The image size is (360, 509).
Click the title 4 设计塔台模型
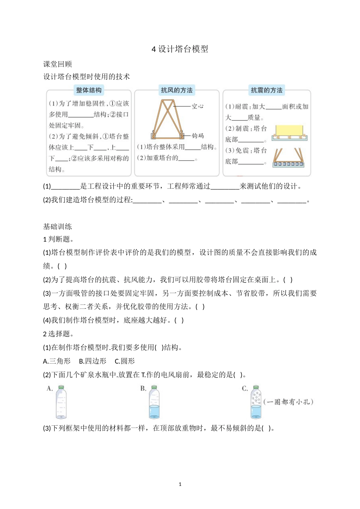coord(180,49)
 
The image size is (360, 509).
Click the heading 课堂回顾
coord(57,64)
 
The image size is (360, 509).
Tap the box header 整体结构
coord(89,90)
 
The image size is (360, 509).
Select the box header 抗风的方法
coord(177,90)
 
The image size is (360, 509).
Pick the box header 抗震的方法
coord(266,90)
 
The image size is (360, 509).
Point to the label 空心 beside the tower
coord(197,106)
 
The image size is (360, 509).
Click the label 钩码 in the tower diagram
coord(197,136)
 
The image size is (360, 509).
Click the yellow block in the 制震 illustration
coord(289,131)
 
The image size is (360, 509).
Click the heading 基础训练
coord(57,226)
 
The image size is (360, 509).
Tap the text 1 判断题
coord(58,239)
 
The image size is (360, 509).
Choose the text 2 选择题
coord(58,334)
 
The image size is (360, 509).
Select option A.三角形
coord(57,361)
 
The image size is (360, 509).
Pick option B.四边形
coord(92,361)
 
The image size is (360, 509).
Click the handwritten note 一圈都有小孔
coord(289,402)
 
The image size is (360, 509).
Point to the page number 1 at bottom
coord(180,484)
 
